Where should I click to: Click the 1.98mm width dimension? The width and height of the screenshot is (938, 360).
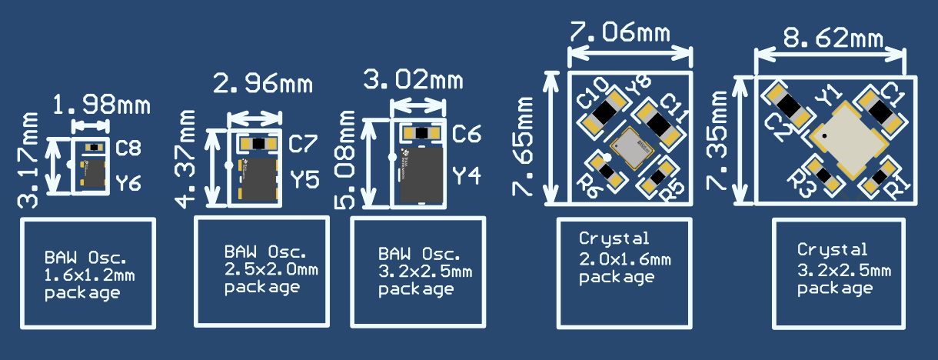click(x=101, y=104)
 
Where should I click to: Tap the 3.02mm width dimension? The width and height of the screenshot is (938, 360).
click(x=413, y=79)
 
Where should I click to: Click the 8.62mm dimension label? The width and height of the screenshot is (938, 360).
click(x=832, y=36)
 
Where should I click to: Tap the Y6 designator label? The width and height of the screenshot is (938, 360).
click(x=128, y=183)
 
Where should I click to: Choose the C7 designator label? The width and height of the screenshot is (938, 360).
click(x=303, y=144)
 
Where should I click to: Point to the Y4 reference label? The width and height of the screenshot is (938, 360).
click(x=466, y=175)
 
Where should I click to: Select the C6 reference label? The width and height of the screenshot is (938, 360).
click(x=466, y=135)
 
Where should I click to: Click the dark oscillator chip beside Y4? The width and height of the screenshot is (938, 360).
click(x=421, y=175)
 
